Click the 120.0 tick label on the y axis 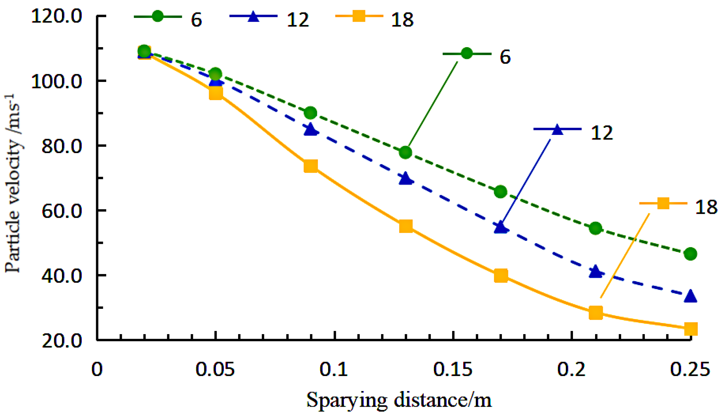[57, 16]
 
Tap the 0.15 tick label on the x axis [453, 370]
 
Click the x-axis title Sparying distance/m [399, 400]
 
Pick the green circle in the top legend [158, 16]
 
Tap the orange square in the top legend [359, 16]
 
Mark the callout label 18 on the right [706, 207]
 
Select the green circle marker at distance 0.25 [690, 254]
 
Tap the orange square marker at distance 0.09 [311, 166]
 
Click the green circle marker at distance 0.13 [406, 152]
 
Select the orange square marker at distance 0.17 [501, 276]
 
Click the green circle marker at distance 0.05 [216, 74]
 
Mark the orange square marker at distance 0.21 [596, 313]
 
